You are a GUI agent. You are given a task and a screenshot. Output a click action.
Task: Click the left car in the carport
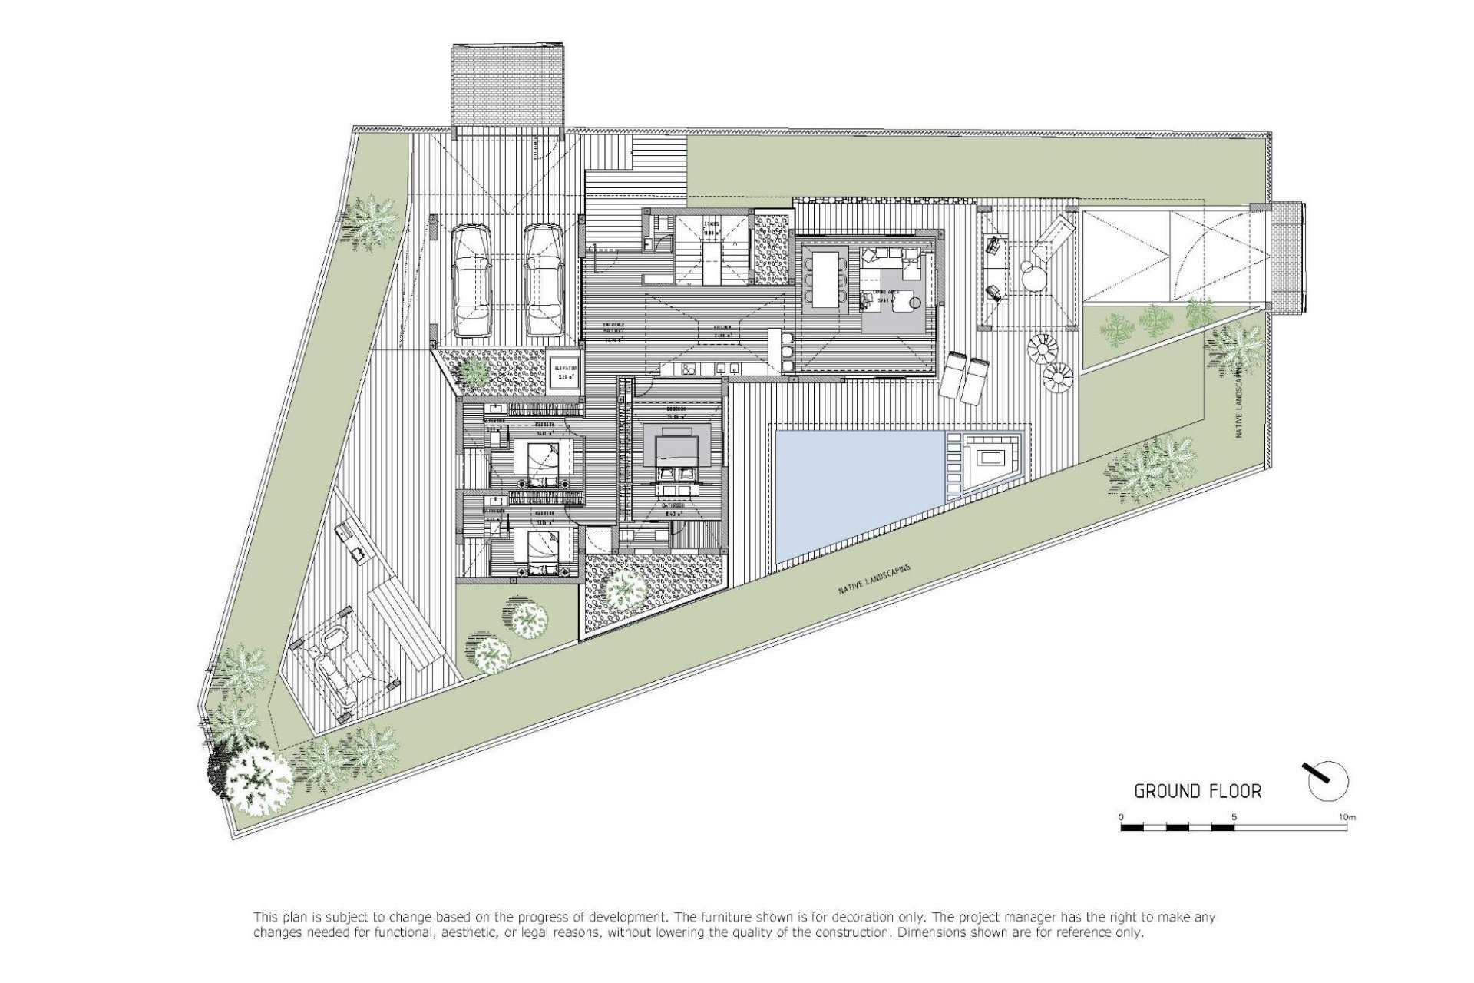coord(471,281)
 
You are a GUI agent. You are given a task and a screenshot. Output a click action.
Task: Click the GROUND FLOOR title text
coord(1198,791)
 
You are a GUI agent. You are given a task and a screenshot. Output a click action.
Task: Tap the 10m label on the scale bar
coord(1346,817)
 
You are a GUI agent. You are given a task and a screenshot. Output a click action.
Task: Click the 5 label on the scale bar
coord(1233,817)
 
